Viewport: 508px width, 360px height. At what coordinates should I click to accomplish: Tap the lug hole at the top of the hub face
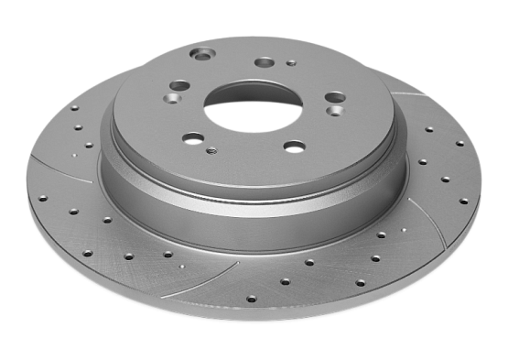pos(265,62)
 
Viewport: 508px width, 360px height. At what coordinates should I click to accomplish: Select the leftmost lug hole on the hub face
pos(178,86)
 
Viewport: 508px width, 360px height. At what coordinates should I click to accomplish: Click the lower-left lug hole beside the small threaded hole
pos(193,138)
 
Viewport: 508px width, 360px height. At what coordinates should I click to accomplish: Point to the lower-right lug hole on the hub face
pos(294,145)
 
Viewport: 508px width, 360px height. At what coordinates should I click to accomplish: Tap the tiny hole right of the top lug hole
pos(291,64)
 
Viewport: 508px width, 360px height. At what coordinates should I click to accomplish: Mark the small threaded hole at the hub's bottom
pos(212,150)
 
